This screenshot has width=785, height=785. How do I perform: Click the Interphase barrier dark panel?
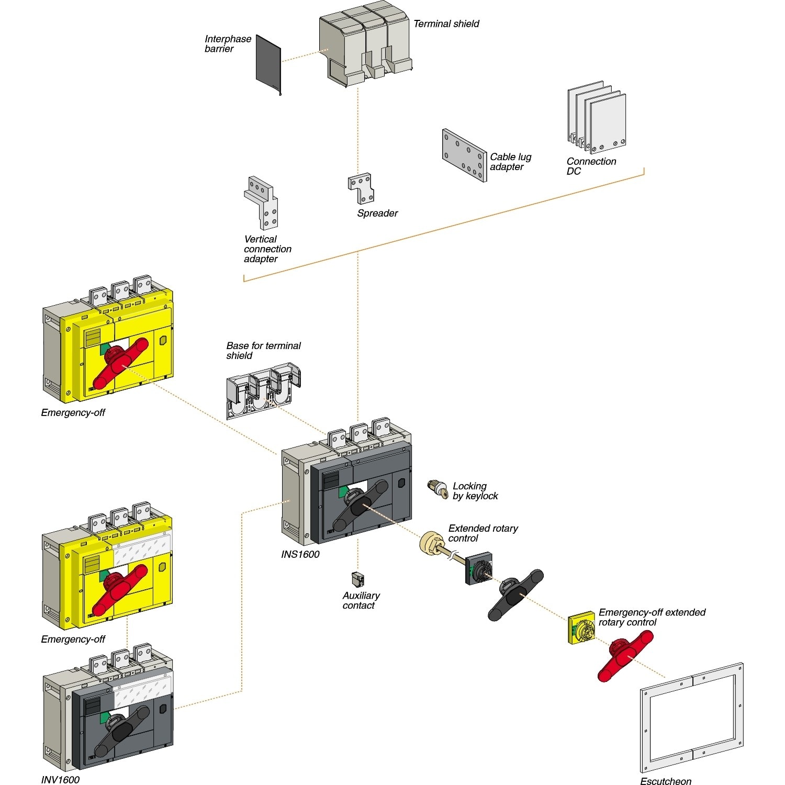[x=268, y=65]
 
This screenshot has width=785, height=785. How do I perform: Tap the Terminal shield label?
[x=446, y=24]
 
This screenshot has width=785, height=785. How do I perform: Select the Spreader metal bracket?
[x=361, y=188]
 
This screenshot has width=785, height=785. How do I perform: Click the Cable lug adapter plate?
[x=464, y=155]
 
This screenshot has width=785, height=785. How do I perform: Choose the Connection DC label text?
[x=591, y=166]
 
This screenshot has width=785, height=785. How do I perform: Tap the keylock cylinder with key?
[x=438, y=489]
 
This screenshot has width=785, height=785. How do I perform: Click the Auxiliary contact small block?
[x=358, y=579]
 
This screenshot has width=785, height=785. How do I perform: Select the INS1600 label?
[x=300, y=554]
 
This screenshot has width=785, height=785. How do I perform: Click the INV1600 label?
[x=60, y=780]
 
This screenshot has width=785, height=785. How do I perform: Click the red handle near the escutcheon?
[x=625, y=654]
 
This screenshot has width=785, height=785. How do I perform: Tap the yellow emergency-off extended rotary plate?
[x=581, y=630]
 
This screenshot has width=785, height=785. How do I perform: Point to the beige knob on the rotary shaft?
[x=432, y=543]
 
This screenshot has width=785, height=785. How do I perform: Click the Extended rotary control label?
[x=483, y=533]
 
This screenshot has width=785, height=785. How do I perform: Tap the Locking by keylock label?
[x=475, y=491]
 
